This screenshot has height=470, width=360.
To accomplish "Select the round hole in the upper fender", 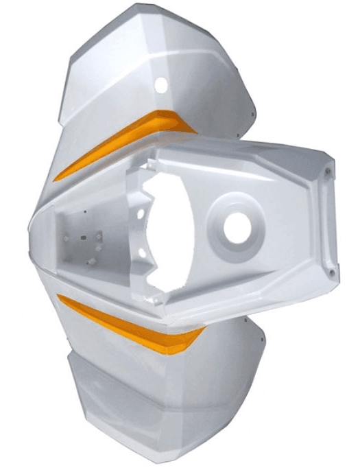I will click(x=161, y=85).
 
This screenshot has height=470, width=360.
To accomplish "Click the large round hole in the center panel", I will click(x=237, y=228).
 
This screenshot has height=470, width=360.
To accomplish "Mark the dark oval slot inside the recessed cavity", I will click(x=83, y=239).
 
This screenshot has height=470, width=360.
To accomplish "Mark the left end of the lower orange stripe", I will click(x=58, y=297).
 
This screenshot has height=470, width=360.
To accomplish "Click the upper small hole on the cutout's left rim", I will click(x=141, y=214).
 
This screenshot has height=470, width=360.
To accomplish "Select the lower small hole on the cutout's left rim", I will click(x=141, y=252).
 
